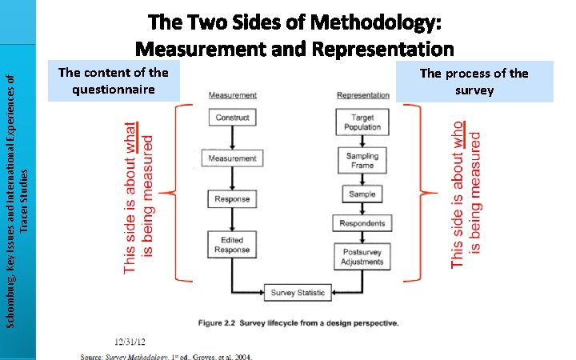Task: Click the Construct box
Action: pyautogui.click(x=231, y=118)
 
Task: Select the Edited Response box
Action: pyautogui.click(x=231, y=245)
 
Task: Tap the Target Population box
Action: pyautogui.click(x=362, y=122)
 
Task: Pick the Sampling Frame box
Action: pyautogui.click(x=362, y=160)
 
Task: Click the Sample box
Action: pyautogui.click(x=362, y=194)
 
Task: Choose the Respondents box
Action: pyautogui.click(x=362, y=224)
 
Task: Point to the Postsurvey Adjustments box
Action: pyautogui.click(x=362, y=257)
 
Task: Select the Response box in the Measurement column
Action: pyautogui.click(x=231, y=199)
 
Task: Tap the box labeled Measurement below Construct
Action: pyautogui.click(x=231, y=158)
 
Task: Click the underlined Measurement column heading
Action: pyautogui.click(x=232, y=95)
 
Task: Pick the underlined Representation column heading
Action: pyautogui.click(x=363, y=95)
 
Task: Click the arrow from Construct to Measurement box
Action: pyautogui.click(x=231, y=137)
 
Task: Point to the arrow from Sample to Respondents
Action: pyautogui.click(x=362, y=209)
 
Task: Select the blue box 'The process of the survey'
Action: pyautogui.click(x=474, y=82)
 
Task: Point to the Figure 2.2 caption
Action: pyautogui.click(x=298, y=323)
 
